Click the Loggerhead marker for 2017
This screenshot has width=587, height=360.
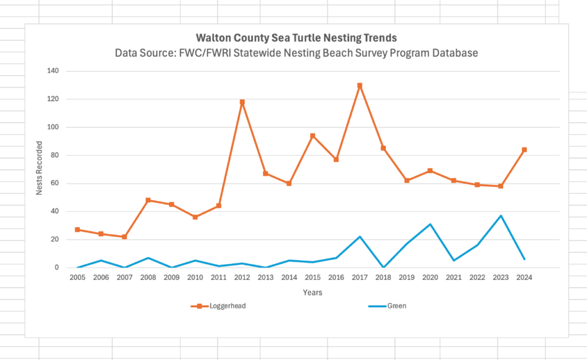(359, 85)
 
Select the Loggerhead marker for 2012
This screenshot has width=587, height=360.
(242, 102)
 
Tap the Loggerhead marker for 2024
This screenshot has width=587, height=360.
(524, 150)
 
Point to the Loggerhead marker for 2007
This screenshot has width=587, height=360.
(124, 237)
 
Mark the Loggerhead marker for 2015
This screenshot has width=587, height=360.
(312, 136)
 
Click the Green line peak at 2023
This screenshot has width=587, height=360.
(500, 216)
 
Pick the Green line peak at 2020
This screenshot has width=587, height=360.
(430, 224)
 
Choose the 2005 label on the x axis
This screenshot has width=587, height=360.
(77, 278)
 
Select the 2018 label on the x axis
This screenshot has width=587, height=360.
(383, 278)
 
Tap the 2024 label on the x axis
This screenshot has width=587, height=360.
(524, 278)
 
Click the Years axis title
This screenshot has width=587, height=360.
(312, 292)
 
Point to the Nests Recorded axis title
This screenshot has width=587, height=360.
(39, 170)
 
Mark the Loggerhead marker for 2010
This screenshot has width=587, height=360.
(195, 217)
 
